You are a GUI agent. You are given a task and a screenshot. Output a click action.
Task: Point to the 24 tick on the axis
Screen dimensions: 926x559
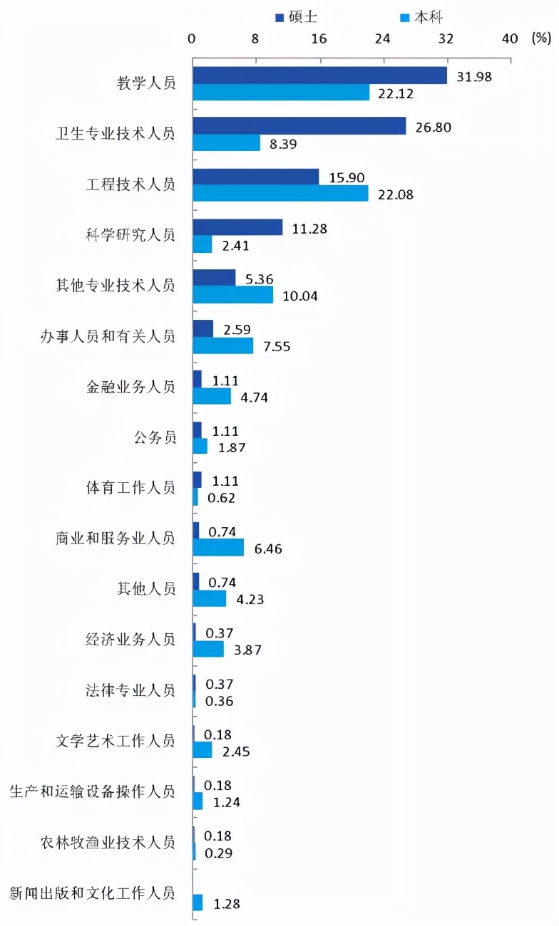(383, 39)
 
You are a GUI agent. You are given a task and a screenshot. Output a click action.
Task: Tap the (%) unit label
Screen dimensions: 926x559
(542, 39)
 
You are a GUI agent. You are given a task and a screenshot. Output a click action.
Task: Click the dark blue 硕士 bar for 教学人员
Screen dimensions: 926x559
(319, 76)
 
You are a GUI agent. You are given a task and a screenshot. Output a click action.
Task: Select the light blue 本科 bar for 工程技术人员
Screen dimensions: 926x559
(280, 194)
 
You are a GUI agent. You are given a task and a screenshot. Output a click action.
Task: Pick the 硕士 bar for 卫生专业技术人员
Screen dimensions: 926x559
(299, 126)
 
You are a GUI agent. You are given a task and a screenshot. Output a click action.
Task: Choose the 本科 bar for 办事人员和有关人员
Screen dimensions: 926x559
(223, 345)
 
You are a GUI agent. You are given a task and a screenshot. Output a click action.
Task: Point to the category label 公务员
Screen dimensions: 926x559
(154, 437)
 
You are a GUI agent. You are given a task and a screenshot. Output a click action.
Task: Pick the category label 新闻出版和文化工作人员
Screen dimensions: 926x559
(92, 893)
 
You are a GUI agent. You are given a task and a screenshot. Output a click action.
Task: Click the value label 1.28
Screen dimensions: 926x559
(226, 904)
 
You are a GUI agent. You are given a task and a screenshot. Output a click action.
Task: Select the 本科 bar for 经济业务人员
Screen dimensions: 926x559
(208, 649)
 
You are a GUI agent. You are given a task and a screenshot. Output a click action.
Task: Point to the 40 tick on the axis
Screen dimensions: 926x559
(510, 39)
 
